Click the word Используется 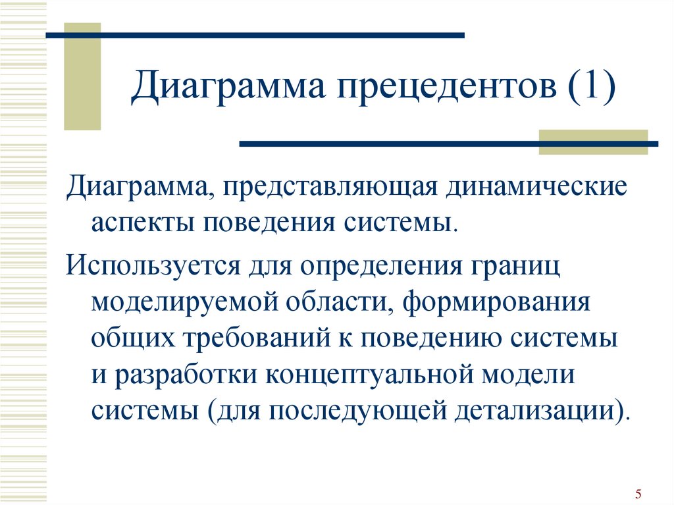pyautogui.click(x=153, y=265)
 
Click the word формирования pyautogui.click(x=497, y=302)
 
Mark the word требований pyautogui.click(x=257, y=338)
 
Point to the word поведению pyautogui.click(x=430, y=339)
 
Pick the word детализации pyautogui.click(x=534, y=412)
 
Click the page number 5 pyautogui.click(x=638, y=493)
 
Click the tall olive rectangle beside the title pyautogui.click(x=82, y=76)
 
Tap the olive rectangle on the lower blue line pyautogui.click(x=593, y=142)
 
